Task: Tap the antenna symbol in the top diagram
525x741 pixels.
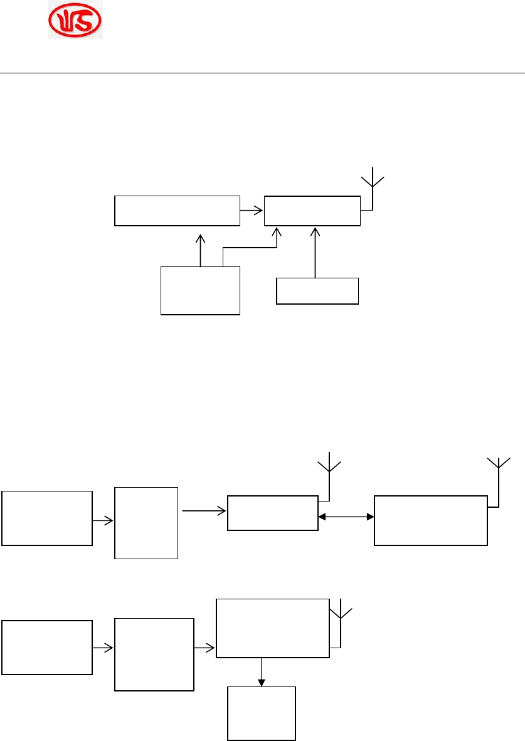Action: [373, 182]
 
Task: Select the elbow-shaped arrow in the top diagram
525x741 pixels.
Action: [251, 247]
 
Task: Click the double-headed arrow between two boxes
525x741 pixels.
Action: [346, 517]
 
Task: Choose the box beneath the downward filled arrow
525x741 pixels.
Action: [262, 713]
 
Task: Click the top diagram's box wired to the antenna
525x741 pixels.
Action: [312, 211]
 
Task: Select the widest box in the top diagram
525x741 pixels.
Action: [177, 211]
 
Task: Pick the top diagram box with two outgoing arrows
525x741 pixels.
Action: [201, 290]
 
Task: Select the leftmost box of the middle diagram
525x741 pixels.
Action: [47, 518]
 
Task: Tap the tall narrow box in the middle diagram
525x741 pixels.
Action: [146, 522]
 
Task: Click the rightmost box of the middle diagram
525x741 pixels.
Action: [430, 520]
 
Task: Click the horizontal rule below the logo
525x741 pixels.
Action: [262, 73]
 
